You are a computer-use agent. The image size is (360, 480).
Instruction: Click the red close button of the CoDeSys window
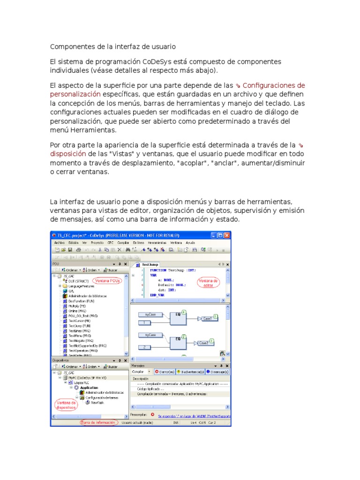(x=227, y=235)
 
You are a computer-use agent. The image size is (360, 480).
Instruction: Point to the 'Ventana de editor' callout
(x=208, y=282)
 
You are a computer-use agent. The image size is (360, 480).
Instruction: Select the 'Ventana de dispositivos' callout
(x=66, y=405)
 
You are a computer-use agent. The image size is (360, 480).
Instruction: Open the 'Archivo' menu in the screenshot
(x=60, y=243)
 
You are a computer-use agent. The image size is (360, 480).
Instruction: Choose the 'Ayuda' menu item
(x=190, y=243)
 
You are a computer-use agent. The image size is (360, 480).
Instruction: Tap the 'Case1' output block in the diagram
(x=207, y=318)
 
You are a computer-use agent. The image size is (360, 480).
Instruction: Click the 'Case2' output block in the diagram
(x=203, y=343)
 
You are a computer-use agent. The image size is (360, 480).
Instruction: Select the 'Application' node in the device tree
(x=89, y=388)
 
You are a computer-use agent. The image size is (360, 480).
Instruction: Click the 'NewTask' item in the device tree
(x=98, y=402)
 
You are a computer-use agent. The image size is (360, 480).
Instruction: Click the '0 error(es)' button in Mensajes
(x=165, y=372)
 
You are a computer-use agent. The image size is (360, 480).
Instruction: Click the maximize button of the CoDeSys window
(x=220, y=235)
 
